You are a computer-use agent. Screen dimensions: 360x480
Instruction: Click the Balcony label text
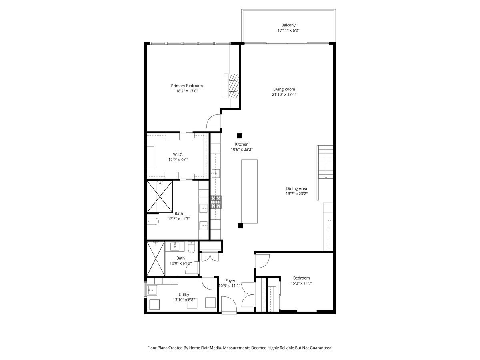(288, 25)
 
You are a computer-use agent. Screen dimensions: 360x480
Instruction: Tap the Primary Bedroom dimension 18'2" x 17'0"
(187, 91)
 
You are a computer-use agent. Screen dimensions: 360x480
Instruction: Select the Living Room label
(284, 89)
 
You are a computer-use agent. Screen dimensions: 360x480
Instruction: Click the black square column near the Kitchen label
(240, 136)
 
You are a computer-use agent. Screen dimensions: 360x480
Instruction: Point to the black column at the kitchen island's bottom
(240, 226)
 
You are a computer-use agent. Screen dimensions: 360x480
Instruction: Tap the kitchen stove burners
(216, 202)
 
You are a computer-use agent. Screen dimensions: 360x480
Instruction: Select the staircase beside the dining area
(325, 162)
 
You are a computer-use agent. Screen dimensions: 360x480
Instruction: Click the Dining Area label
(296, 188)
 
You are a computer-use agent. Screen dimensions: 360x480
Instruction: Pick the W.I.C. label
(178, 154)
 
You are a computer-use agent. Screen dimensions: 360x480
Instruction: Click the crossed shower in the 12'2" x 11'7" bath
(160, 197)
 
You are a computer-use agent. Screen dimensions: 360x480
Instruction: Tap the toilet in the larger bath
(154, 221)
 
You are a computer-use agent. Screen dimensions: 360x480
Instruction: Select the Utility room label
(184, 294)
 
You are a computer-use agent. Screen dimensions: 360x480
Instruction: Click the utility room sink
(152, 290)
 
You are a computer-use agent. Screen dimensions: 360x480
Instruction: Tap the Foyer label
(230, 280)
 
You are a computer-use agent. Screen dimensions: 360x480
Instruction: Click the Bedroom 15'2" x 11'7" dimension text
(301, 283)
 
